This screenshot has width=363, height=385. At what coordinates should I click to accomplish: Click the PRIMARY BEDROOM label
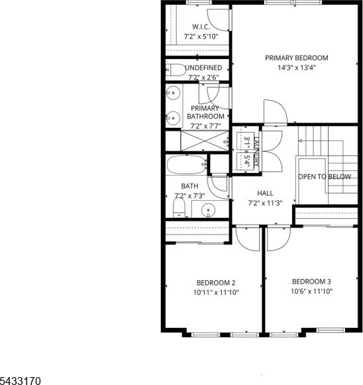(297, 58)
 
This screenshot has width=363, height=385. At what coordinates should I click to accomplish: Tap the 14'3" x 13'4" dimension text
(297, 68)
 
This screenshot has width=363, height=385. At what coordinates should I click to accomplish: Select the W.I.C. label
(201, 27)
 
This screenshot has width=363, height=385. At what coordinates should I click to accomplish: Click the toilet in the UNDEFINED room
(176, 70)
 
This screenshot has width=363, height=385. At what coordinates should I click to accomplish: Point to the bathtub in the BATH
(187, 164)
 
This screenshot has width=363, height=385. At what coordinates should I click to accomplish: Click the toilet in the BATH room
(179, 207)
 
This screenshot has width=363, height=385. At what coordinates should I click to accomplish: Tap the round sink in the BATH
(208, 210)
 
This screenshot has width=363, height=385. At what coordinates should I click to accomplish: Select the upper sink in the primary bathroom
(173, 93)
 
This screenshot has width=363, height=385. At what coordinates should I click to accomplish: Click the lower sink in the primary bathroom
(173, 118)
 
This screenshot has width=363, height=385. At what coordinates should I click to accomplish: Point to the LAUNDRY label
(256, 152)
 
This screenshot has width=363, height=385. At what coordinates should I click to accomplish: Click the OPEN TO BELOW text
(325, 176)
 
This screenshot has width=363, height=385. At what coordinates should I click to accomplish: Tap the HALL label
(265, 193)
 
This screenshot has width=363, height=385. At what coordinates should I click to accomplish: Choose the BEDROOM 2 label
(216, 283)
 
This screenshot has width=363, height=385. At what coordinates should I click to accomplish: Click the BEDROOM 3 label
(311, 282)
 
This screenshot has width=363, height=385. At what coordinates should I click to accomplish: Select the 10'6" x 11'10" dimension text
(311, 292)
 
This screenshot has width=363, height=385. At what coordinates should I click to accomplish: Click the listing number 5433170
(20, 381)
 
